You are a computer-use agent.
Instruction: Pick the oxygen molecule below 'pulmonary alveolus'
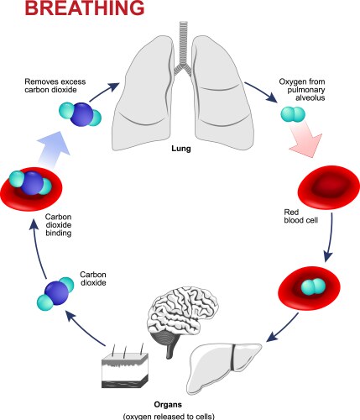(290, 115)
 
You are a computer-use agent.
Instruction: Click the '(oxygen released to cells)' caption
(180, 414)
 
